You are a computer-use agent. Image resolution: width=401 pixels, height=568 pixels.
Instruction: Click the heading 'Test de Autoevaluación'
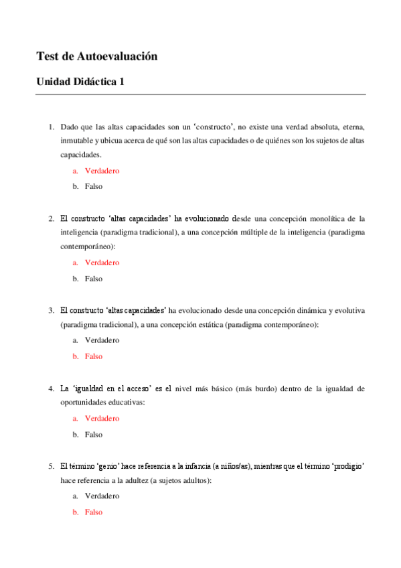tap(97, 57)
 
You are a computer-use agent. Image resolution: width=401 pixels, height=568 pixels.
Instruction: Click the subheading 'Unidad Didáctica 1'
tap(80, 82)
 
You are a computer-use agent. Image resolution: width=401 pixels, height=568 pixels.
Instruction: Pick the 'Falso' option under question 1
tap(94, 186)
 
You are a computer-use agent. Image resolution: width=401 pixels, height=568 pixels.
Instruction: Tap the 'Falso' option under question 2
tap(94, 279)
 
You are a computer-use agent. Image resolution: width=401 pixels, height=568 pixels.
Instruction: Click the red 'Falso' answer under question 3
tap(94, 356)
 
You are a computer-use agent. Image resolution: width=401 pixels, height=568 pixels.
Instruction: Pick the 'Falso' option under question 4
tap(94, 434)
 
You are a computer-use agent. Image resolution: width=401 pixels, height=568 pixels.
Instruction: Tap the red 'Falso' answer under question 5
tap(94, 512)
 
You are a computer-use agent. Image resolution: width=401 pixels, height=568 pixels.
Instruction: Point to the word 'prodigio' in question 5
tap(348, 466)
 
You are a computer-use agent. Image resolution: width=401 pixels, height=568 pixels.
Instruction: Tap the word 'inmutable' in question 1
tap(76, 141)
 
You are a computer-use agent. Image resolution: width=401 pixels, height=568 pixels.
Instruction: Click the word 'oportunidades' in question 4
tap(82, 403)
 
